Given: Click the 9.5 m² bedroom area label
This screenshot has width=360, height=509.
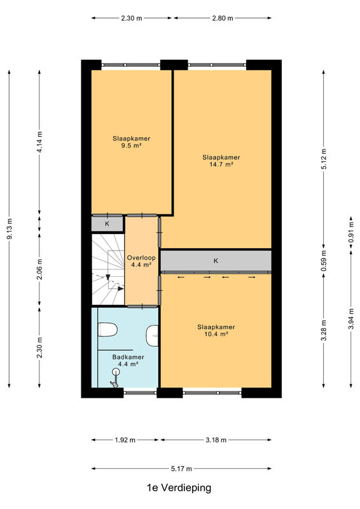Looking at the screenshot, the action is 131,142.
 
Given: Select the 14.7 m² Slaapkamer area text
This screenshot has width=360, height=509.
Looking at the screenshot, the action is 221,161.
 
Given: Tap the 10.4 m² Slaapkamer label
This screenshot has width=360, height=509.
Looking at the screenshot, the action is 216,330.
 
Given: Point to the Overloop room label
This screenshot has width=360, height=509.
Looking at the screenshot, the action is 141,261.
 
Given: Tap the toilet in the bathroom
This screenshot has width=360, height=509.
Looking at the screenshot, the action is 107,330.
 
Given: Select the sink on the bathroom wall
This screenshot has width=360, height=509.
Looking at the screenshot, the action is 152,336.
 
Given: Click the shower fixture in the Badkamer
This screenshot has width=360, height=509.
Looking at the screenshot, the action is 115,377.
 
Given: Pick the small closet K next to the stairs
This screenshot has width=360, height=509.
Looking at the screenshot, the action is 107,224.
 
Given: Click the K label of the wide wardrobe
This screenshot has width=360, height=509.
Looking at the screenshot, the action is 216,261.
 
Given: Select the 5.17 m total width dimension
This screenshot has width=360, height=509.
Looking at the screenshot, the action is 181,468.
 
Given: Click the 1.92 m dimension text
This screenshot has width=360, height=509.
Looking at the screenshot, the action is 125,440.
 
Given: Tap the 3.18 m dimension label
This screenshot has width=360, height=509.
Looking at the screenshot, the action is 216,440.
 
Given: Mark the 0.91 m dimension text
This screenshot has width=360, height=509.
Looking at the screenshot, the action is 351,232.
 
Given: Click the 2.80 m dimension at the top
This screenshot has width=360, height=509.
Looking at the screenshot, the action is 223,18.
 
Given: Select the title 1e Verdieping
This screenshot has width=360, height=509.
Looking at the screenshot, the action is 179,487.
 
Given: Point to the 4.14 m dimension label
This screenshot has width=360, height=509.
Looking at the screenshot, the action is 39,142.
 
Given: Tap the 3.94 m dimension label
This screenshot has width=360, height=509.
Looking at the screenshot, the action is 351,319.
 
